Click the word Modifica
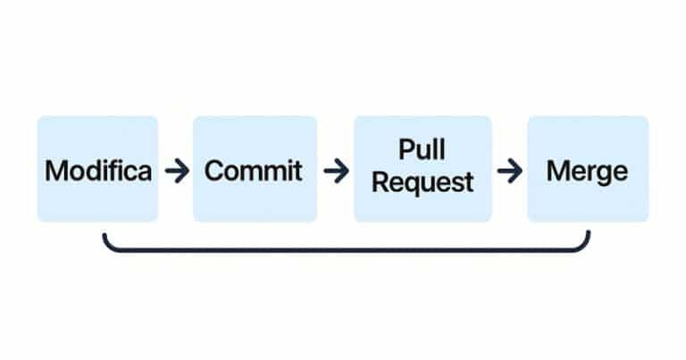[98, 171]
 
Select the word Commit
[254, 171]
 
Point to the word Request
[422, 183]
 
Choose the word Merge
[587, 171]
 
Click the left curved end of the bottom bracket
[106, 241]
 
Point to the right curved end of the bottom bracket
[588, 241]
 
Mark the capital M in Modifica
[55, 171]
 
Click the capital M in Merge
[557, 171]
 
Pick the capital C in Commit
[214, 171]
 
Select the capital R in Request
[381, 183]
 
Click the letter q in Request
[411, 186]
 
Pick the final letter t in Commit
[298, 171]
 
